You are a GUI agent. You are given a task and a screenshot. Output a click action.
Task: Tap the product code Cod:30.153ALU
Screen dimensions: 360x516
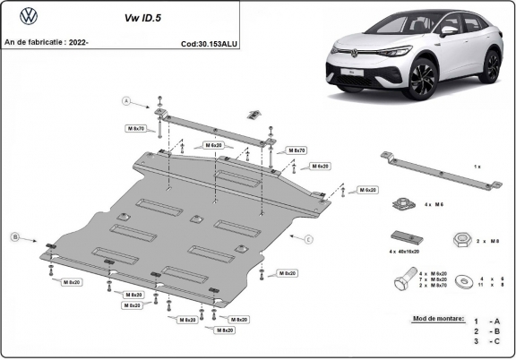(209, 42)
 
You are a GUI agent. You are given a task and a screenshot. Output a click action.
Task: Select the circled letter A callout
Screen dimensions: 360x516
(126, 100)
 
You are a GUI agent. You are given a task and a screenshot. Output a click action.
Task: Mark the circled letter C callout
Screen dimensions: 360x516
(308, 239)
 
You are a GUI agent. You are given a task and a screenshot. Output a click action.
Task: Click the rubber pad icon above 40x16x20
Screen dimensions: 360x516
(404, 237)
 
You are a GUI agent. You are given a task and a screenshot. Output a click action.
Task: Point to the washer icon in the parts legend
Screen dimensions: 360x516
(464, 280)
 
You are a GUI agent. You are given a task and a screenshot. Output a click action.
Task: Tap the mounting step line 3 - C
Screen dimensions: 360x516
(489, 342)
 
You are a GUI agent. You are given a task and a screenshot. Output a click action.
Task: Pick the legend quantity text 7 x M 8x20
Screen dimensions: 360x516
(434, 279)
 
